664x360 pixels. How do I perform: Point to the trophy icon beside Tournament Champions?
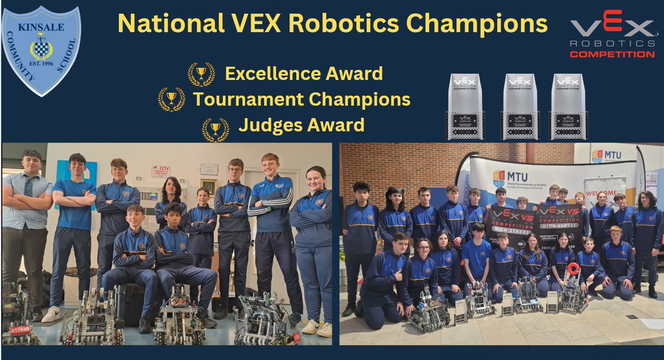pyautogui.click(x=171, y=100)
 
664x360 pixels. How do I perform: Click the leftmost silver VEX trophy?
pyautogui.click(x=465, y=106)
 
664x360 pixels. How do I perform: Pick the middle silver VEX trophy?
pyautogui.click(x=520, y=106)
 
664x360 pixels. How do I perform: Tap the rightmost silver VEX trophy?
pyautogui.click(x=568, y=106)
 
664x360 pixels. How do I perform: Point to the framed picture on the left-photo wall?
pyautogui.click(x=209, y=186)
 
